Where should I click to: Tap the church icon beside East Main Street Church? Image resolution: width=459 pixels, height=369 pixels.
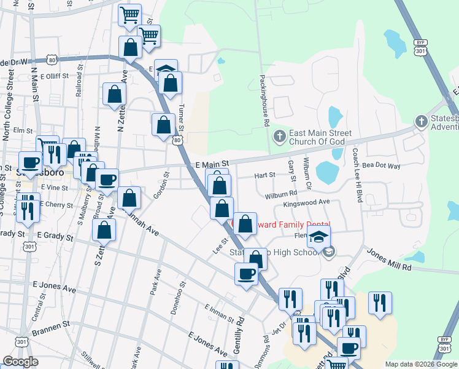pos(279,135)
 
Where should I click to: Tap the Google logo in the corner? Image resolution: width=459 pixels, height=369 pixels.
pos(20,362)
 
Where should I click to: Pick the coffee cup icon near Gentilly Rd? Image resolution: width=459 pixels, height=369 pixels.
pos(247,274)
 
